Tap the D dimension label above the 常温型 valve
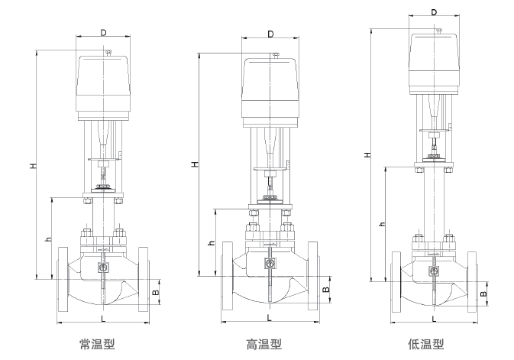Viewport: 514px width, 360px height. click(x=103, y=33)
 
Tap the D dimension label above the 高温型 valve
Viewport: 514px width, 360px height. click(x=270, y=34)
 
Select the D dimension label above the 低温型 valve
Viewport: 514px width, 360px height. click(x=435, y=12)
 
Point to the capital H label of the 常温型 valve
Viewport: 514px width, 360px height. click(x=32, y=166)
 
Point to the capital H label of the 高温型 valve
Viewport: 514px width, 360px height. click(x=195, y=164)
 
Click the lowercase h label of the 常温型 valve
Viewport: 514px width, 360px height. click(x=48, y=239)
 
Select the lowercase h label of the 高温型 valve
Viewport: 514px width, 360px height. click(x=212, y=243)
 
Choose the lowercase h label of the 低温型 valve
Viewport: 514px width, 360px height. click(x=382, y=224)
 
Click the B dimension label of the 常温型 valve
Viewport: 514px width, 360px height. click(x=156, y=291)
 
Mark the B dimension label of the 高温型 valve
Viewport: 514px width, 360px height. click(x=325, y=290)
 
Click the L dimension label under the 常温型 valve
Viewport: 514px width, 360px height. click(x=103, y=316)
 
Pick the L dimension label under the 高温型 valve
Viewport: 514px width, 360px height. click(x=270, y=316)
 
